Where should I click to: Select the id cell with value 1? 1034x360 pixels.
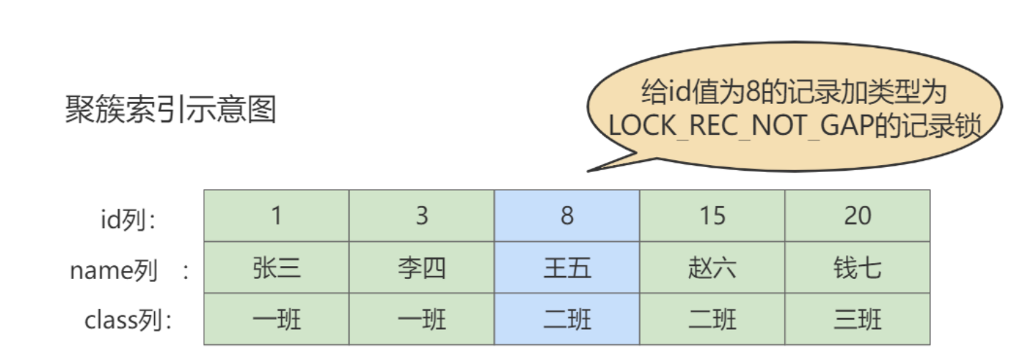pyautogui.click(x=277, y=216)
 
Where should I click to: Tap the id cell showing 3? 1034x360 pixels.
pyautogui.click(x=422, y=216)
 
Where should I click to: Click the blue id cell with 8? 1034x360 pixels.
pyautogui.click(x=567, y=216)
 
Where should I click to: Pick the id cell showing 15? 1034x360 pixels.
pyautogui.click(x=712, y=216)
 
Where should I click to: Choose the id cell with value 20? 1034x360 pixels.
pyautogui.click(x=858, y=216)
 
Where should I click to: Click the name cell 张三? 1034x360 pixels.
pyautogui.click(x=277, y=267)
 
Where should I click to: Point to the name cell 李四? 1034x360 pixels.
pyautogui.click(x=422, y=267)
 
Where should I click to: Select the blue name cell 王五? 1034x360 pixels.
pyautogui.click(x=567, y=267)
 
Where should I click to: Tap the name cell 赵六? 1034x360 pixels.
pyautogui.click(x=712, y=267)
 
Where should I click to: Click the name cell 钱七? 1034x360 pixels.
pyautogui.click(x=858, y=267)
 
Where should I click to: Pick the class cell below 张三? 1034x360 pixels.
pyautogui.click(x=277, y=319)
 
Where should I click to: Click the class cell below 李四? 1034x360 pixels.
pyautogui.click(x=422, y=319)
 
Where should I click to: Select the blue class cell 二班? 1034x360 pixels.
pyautogui.click(x=567, y=319)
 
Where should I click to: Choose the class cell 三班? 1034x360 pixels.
pyautogui.click(x=858, y=319)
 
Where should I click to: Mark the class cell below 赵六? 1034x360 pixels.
pyautogui.click(x=712, y=319)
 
